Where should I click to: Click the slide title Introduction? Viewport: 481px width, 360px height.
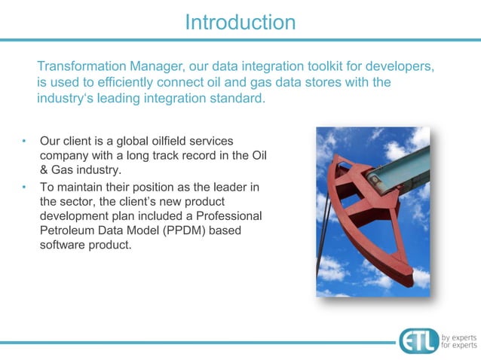[240, 21]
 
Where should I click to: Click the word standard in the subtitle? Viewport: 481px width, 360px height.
[239, 99]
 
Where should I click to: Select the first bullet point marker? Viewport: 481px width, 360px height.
[23, 141]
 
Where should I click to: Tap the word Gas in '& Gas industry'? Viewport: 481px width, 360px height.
[65, 170]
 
